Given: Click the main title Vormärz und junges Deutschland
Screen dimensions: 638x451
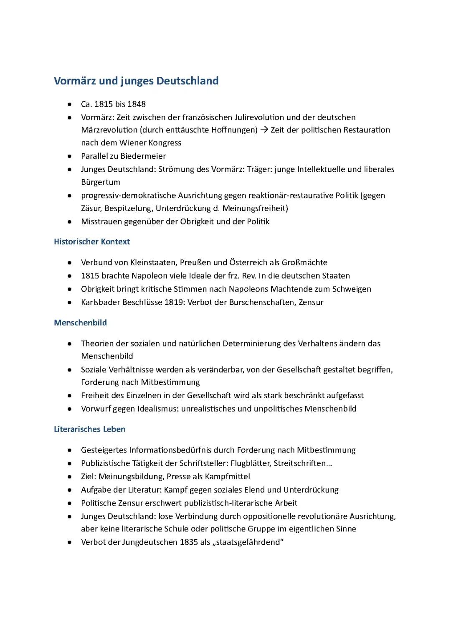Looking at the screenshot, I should click(136, 81).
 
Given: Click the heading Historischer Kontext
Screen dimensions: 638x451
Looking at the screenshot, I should click(92, 241).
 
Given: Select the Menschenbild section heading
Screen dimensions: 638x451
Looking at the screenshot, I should click(80, 323).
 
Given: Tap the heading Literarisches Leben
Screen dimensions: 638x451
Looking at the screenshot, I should click(89, 429).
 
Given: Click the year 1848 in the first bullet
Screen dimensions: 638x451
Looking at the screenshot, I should click(137, 104).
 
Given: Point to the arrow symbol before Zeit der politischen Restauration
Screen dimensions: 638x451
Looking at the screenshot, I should click(264, 130).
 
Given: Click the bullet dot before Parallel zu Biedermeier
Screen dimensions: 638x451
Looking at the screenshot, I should click(69, 156).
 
